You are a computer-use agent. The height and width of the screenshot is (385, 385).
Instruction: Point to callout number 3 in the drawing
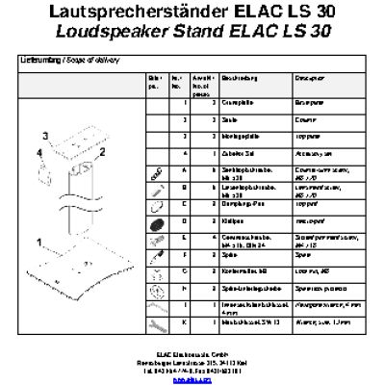(42, 134)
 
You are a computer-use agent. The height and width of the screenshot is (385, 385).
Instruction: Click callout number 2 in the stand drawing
(99, 151)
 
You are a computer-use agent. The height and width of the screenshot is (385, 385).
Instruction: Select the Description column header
(309, 77)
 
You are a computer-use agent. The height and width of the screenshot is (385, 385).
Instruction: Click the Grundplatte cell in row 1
(236, 100)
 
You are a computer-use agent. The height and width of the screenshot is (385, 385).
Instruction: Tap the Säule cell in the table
(229, 118)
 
